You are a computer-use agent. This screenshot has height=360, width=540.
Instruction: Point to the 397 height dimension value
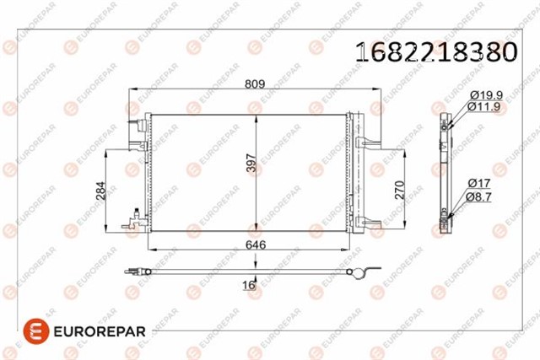click(x=250, y=164)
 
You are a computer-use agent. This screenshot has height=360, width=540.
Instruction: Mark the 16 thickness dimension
click(x=248, y=285)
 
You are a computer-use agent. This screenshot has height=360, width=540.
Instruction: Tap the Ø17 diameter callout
click(x=480, y=183)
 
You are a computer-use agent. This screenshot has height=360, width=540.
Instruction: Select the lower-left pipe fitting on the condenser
click(x=132, y=224)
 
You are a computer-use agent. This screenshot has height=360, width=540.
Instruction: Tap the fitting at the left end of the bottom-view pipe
click(x=132, y=271)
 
